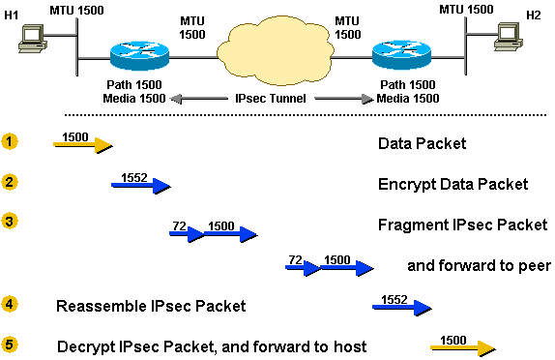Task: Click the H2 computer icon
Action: [x=506, y=36]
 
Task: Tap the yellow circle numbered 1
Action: [x=10, y=142]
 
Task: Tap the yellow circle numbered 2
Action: [x=10, y=182]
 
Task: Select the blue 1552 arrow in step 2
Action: [x=141, y=185]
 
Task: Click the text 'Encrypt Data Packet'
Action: [x=453, y=184]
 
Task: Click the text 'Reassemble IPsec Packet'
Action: [x=150, y=307]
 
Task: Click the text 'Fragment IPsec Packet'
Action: [x=462, y=225]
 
